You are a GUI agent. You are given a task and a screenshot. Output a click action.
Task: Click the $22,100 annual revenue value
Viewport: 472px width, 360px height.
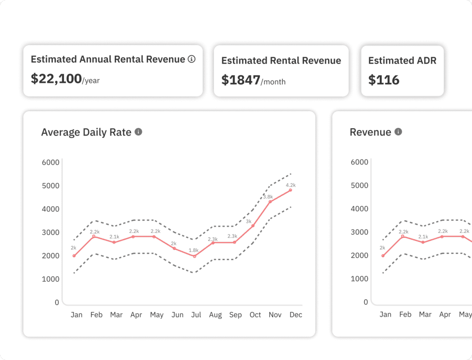56,79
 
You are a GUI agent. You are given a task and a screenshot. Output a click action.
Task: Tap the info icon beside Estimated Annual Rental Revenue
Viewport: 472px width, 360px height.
192,59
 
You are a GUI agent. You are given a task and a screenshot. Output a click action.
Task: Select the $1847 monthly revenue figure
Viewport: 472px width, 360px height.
241,80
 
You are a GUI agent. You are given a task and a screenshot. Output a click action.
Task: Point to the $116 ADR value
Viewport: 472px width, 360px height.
384,80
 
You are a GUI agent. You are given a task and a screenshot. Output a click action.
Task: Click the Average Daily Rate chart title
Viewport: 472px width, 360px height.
86,132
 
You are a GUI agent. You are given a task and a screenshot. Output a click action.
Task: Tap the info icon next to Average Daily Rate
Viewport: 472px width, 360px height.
138,132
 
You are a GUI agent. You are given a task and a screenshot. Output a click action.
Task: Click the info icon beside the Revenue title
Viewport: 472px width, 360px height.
398,132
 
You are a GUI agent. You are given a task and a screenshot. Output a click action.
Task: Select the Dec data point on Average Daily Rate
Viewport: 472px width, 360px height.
290,190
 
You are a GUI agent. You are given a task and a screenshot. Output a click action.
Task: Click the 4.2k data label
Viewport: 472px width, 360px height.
290,185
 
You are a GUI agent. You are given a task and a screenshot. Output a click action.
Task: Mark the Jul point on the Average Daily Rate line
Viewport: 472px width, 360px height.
195,256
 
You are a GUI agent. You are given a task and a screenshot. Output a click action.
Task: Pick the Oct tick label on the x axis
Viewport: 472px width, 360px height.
255,315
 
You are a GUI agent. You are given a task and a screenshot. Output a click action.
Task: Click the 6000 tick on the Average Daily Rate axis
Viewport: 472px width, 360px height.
50,162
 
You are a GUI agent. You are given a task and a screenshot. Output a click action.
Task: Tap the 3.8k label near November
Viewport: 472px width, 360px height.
268,197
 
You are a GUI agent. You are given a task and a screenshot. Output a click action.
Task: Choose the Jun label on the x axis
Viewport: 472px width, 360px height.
177,315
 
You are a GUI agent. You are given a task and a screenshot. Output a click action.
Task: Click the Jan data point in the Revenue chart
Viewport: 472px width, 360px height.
383,255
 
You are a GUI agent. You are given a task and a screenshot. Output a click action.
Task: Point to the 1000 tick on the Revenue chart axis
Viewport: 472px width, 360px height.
360,279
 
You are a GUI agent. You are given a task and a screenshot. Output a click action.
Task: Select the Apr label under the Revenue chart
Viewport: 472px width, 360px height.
445,315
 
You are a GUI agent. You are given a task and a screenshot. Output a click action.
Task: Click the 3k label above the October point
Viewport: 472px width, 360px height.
248,221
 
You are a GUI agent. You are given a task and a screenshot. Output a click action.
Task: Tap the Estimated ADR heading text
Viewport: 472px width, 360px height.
402,60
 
